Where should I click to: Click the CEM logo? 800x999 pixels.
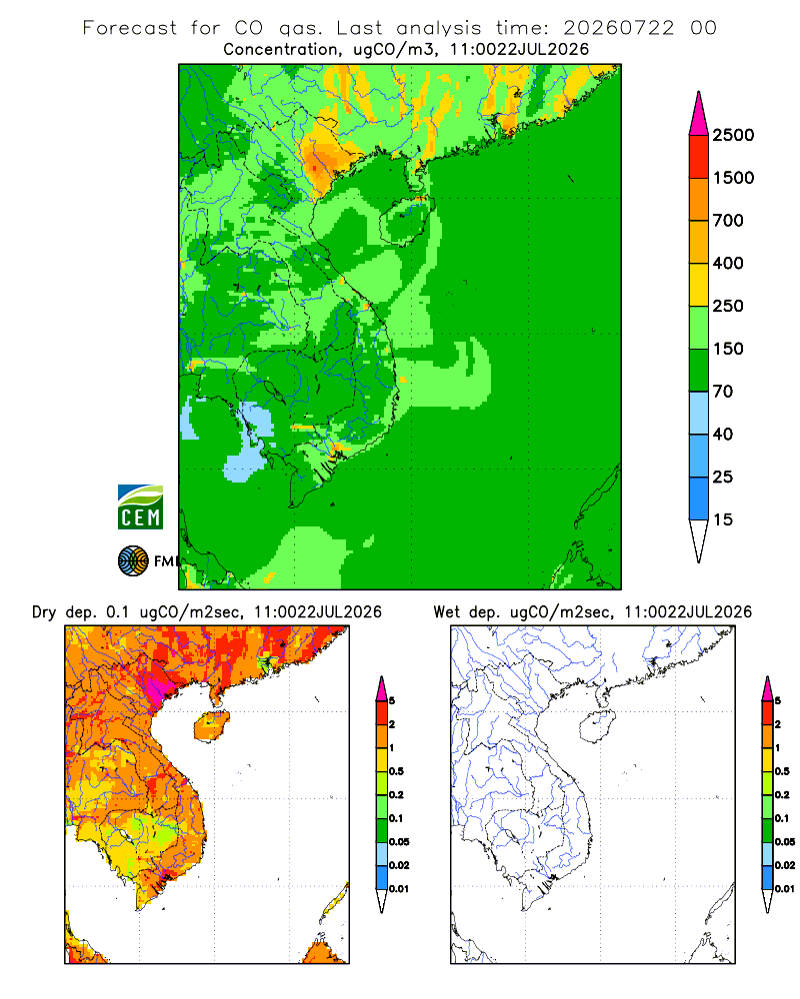(140, 507)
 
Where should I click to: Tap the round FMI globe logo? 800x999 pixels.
(133, 561)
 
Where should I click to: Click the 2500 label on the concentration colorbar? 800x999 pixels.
(733, 135)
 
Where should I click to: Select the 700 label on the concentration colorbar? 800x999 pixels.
(728, 221)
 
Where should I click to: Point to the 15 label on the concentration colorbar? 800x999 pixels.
(723, 519)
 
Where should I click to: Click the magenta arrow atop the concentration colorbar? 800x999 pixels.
(699, 114)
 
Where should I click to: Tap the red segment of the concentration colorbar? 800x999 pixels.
(699, 157)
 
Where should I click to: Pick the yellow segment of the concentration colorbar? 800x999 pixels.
(699, 285)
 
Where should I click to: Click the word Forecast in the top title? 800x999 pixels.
(130, 28)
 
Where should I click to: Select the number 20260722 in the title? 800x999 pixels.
(618, 28)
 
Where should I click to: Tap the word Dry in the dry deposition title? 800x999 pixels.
(44, 612)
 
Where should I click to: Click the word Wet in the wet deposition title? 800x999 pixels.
(447, 612)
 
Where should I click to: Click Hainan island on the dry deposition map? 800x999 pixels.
(212, 727)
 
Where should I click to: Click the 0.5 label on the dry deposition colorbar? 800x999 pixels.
(396, 771)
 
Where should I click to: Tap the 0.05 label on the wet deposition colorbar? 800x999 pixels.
(785, 842)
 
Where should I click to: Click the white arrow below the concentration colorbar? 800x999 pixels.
(699, 541)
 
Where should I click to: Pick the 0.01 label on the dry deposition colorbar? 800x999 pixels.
(399, 889)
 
